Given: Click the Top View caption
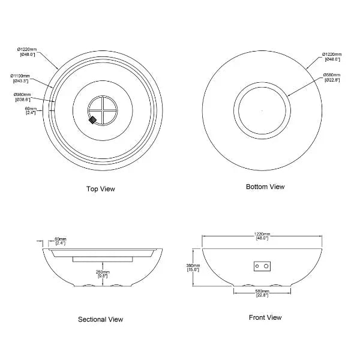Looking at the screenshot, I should pos(101,189).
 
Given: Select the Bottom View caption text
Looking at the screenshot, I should pos(265,187).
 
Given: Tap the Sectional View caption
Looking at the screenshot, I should pos(101,319).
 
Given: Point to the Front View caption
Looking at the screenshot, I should pos(265,317).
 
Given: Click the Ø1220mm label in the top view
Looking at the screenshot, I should pos(27,51).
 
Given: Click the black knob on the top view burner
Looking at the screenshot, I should pos(93,120).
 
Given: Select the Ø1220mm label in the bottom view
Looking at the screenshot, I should pos(332,56).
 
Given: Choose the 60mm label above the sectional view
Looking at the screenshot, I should pos(61,241).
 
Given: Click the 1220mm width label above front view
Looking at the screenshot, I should pos(262,236).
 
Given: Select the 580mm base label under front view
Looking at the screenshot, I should pos(262,293).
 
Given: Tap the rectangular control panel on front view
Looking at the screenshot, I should pos(262,266).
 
